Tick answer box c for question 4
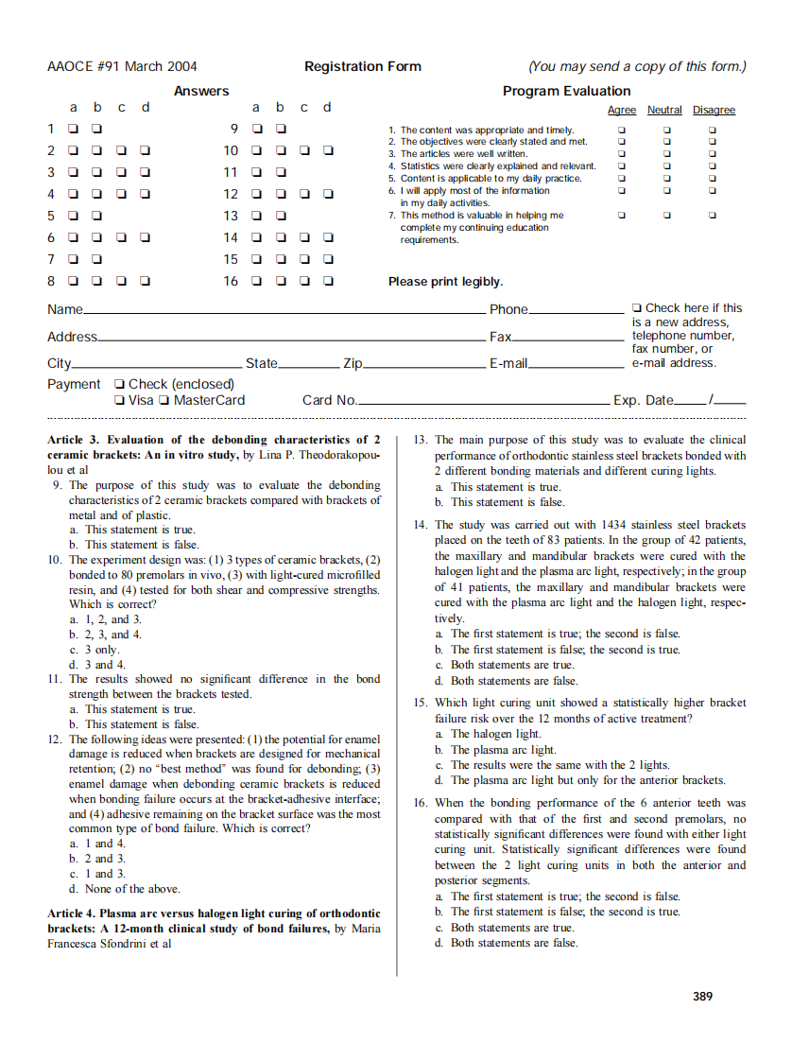coord(120,194)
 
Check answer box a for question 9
coord(256,129)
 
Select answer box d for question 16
coord(328,281)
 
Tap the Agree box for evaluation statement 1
coord(621,130)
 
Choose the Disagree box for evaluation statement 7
coord(713,216)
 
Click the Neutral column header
coord(664,111)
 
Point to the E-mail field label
coord(508,364)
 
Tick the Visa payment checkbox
coord(119,400)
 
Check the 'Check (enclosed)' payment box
coord(119,384)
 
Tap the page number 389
coord(702,996)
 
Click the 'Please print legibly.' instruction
coord(445,282)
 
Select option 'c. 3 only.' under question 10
coord(95,650)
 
